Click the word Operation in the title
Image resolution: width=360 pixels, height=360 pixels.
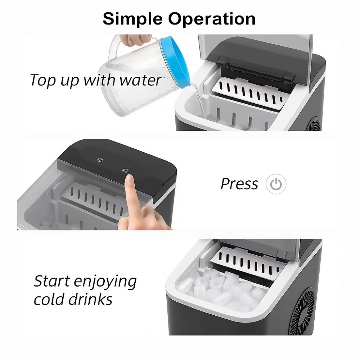(x=212, y=19)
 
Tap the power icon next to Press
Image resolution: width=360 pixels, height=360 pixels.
(x=276, y=184)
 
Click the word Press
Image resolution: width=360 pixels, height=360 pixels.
(x=239, y=184)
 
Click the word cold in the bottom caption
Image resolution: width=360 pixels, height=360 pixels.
(x=49, y=300)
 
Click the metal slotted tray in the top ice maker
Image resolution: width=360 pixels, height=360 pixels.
(x=250, y=93)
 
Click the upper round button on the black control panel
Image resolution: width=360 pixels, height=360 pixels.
(x=99, y=160)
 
